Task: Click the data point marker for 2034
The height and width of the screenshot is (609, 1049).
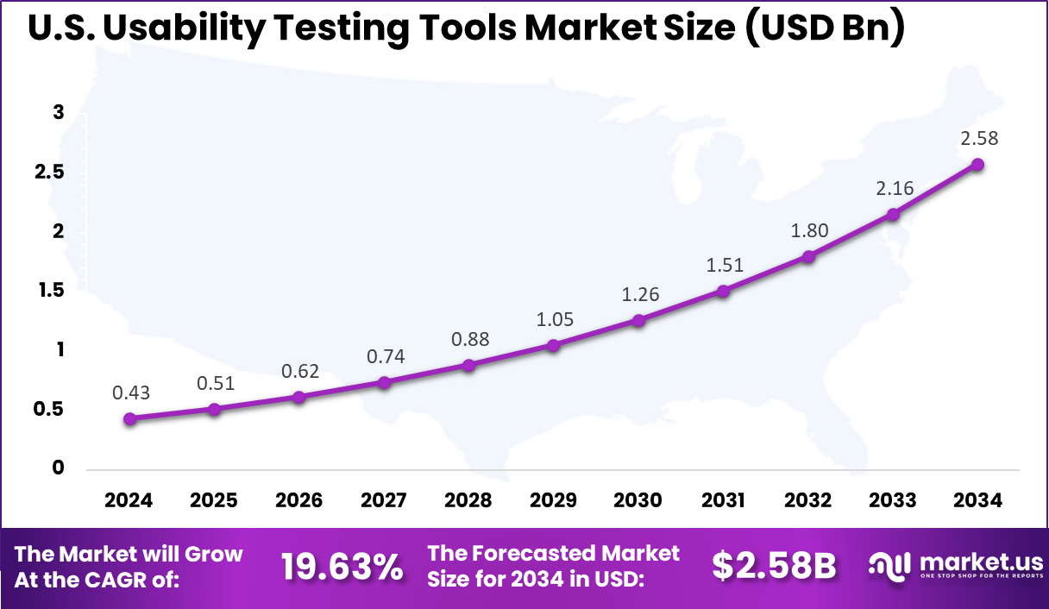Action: pos(977,165)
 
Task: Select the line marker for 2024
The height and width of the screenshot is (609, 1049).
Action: pos(129,418)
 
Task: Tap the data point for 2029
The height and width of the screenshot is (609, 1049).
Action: pos(553,345)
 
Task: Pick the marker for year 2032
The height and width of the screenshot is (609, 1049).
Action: pos(808,256)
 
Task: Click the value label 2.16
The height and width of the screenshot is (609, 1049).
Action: pos(894,188)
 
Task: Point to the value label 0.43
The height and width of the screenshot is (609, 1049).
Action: pos(130,392)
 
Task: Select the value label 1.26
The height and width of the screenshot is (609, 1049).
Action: pos(639,294)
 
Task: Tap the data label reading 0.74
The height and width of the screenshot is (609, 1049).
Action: pos(385,356)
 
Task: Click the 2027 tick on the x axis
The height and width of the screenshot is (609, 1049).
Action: pos(383,500)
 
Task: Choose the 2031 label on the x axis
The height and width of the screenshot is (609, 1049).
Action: pos(723,500)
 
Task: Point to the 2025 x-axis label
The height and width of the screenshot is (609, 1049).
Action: pos(213,500)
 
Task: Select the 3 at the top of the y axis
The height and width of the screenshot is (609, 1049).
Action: pos(58,112)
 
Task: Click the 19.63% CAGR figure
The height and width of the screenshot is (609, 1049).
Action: pos(342,567)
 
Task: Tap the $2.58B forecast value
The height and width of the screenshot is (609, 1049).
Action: pos(774,566)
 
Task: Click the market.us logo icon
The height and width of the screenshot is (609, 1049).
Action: pos(889,566)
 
